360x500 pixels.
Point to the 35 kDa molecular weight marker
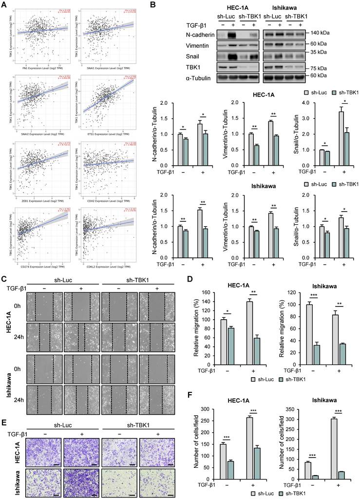332,52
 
